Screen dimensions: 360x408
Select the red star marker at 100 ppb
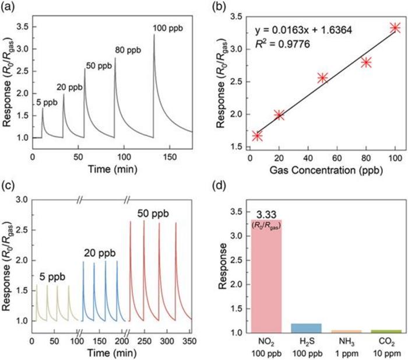(395, 27)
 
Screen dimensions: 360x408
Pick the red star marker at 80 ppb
(366, 62)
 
